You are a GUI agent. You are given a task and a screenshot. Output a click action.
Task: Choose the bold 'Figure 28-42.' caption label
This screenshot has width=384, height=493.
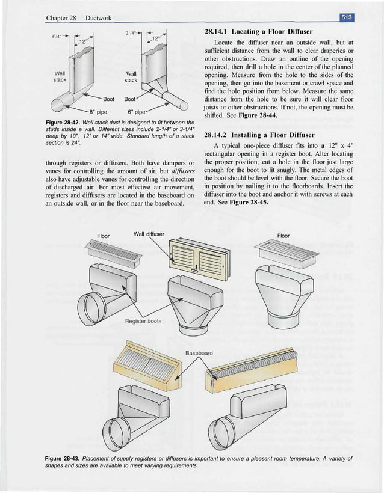tap(66, 123)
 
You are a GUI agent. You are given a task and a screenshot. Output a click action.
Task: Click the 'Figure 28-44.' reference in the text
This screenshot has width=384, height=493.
tap(244, 115)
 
